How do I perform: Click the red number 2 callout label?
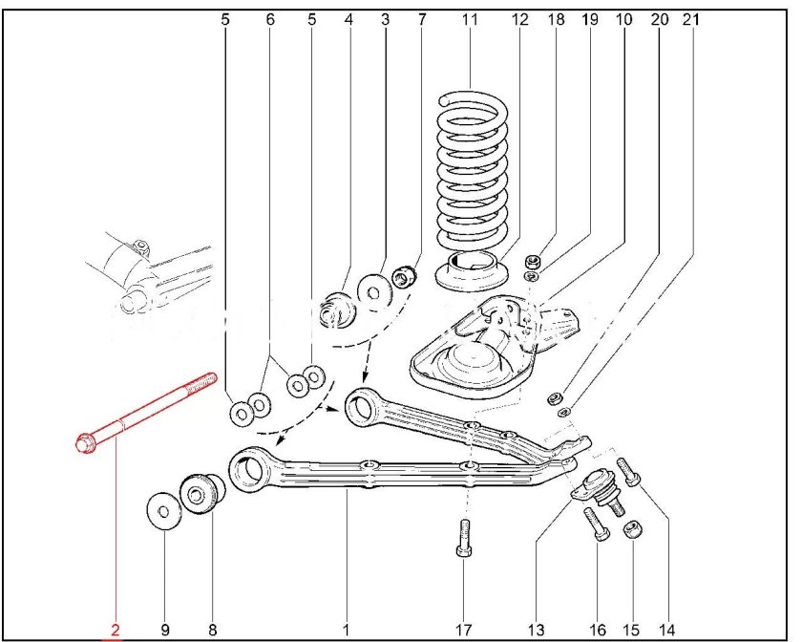pyautogui.click(x=115, y=630)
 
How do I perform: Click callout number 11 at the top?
pyautogui.click(x=469, y=19)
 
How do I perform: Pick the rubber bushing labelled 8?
pyautogui.click(x=201, y=494)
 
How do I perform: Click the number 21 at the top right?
pyautogui.click(x=690, y=19)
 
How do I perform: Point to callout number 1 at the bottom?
pyautogui.click(x=346, y=630)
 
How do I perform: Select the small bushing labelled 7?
pyautogui.click(x=406, y=278)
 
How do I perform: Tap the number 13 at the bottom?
pyautogui.click(x=535, y=630)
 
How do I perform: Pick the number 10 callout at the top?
pyautogui.click(x=623, y=19)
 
